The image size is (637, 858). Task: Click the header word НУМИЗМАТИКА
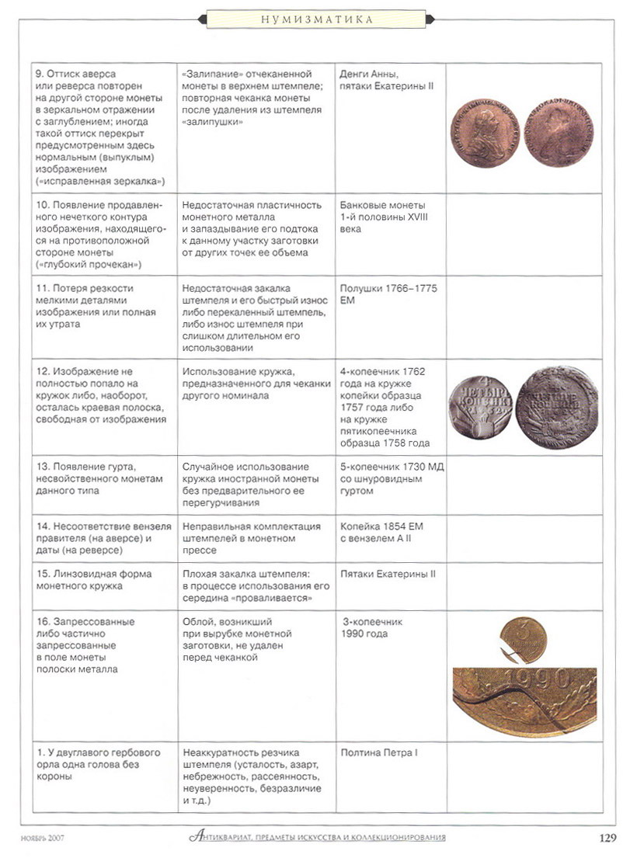(x=318, y=19)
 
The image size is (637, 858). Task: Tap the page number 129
(x=607, y=837)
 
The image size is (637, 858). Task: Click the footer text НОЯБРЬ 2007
(x=43, y=838)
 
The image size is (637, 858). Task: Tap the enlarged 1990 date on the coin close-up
(x=539, y=681)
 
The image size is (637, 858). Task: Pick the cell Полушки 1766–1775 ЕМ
(x=388, y=294)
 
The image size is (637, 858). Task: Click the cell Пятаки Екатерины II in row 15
(x=388, y=574)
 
